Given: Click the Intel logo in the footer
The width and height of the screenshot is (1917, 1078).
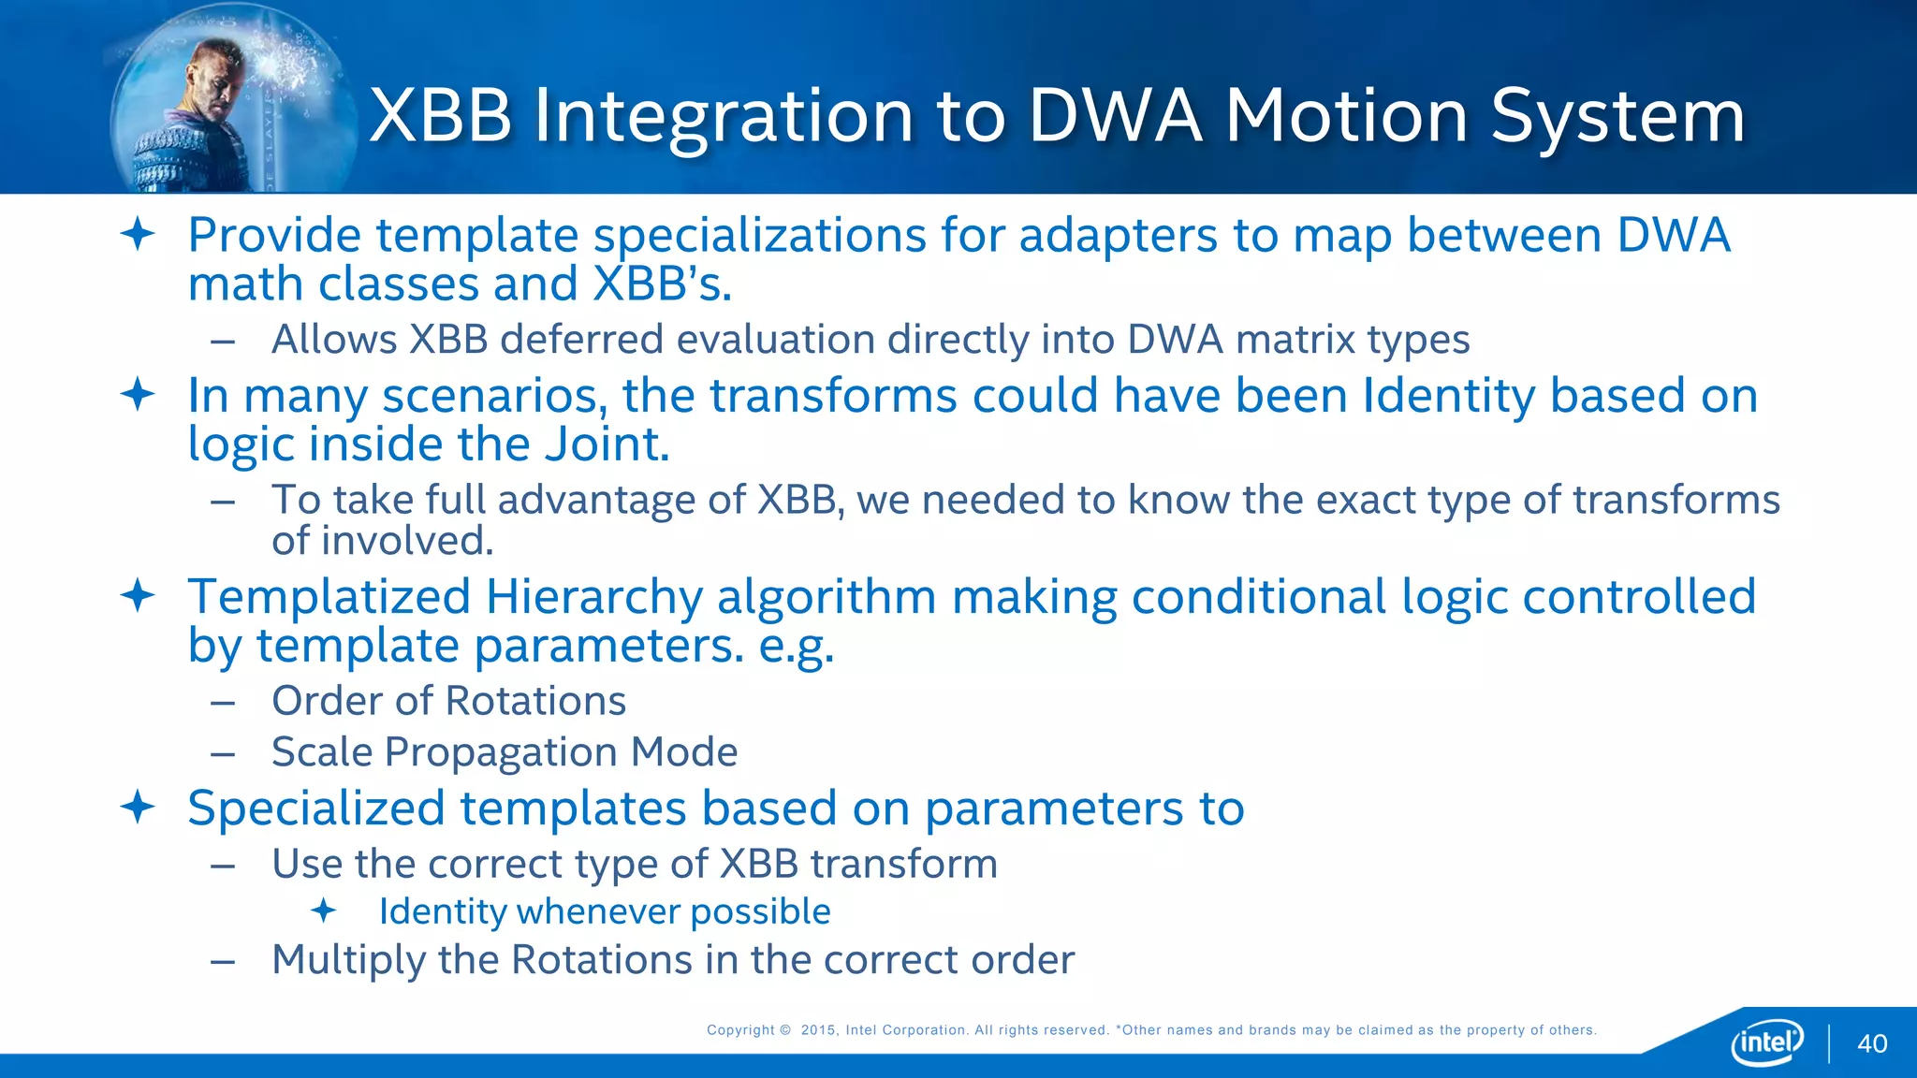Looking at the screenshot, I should pos(1767,1042).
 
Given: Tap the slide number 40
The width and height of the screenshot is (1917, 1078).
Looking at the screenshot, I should pos(1872,1044).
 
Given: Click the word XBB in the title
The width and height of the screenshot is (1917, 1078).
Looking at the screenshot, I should pos(441,116).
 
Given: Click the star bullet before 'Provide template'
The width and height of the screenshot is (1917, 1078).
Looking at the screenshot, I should pos(138,234).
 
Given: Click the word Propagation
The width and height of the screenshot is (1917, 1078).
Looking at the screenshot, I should pos(501,752).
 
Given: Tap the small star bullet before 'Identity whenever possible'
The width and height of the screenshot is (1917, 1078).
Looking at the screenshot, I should pos(324,910).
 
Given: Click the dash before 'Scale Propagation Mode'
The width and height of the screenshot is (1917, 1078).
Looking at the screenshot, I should pos(223,753).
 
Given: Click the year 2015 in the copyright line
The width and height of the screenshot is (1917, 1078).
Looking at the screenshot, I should pos(819,1030).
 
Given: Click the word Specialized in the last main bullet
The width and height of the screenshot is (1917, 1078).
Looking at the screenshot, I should pos(315,808).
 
